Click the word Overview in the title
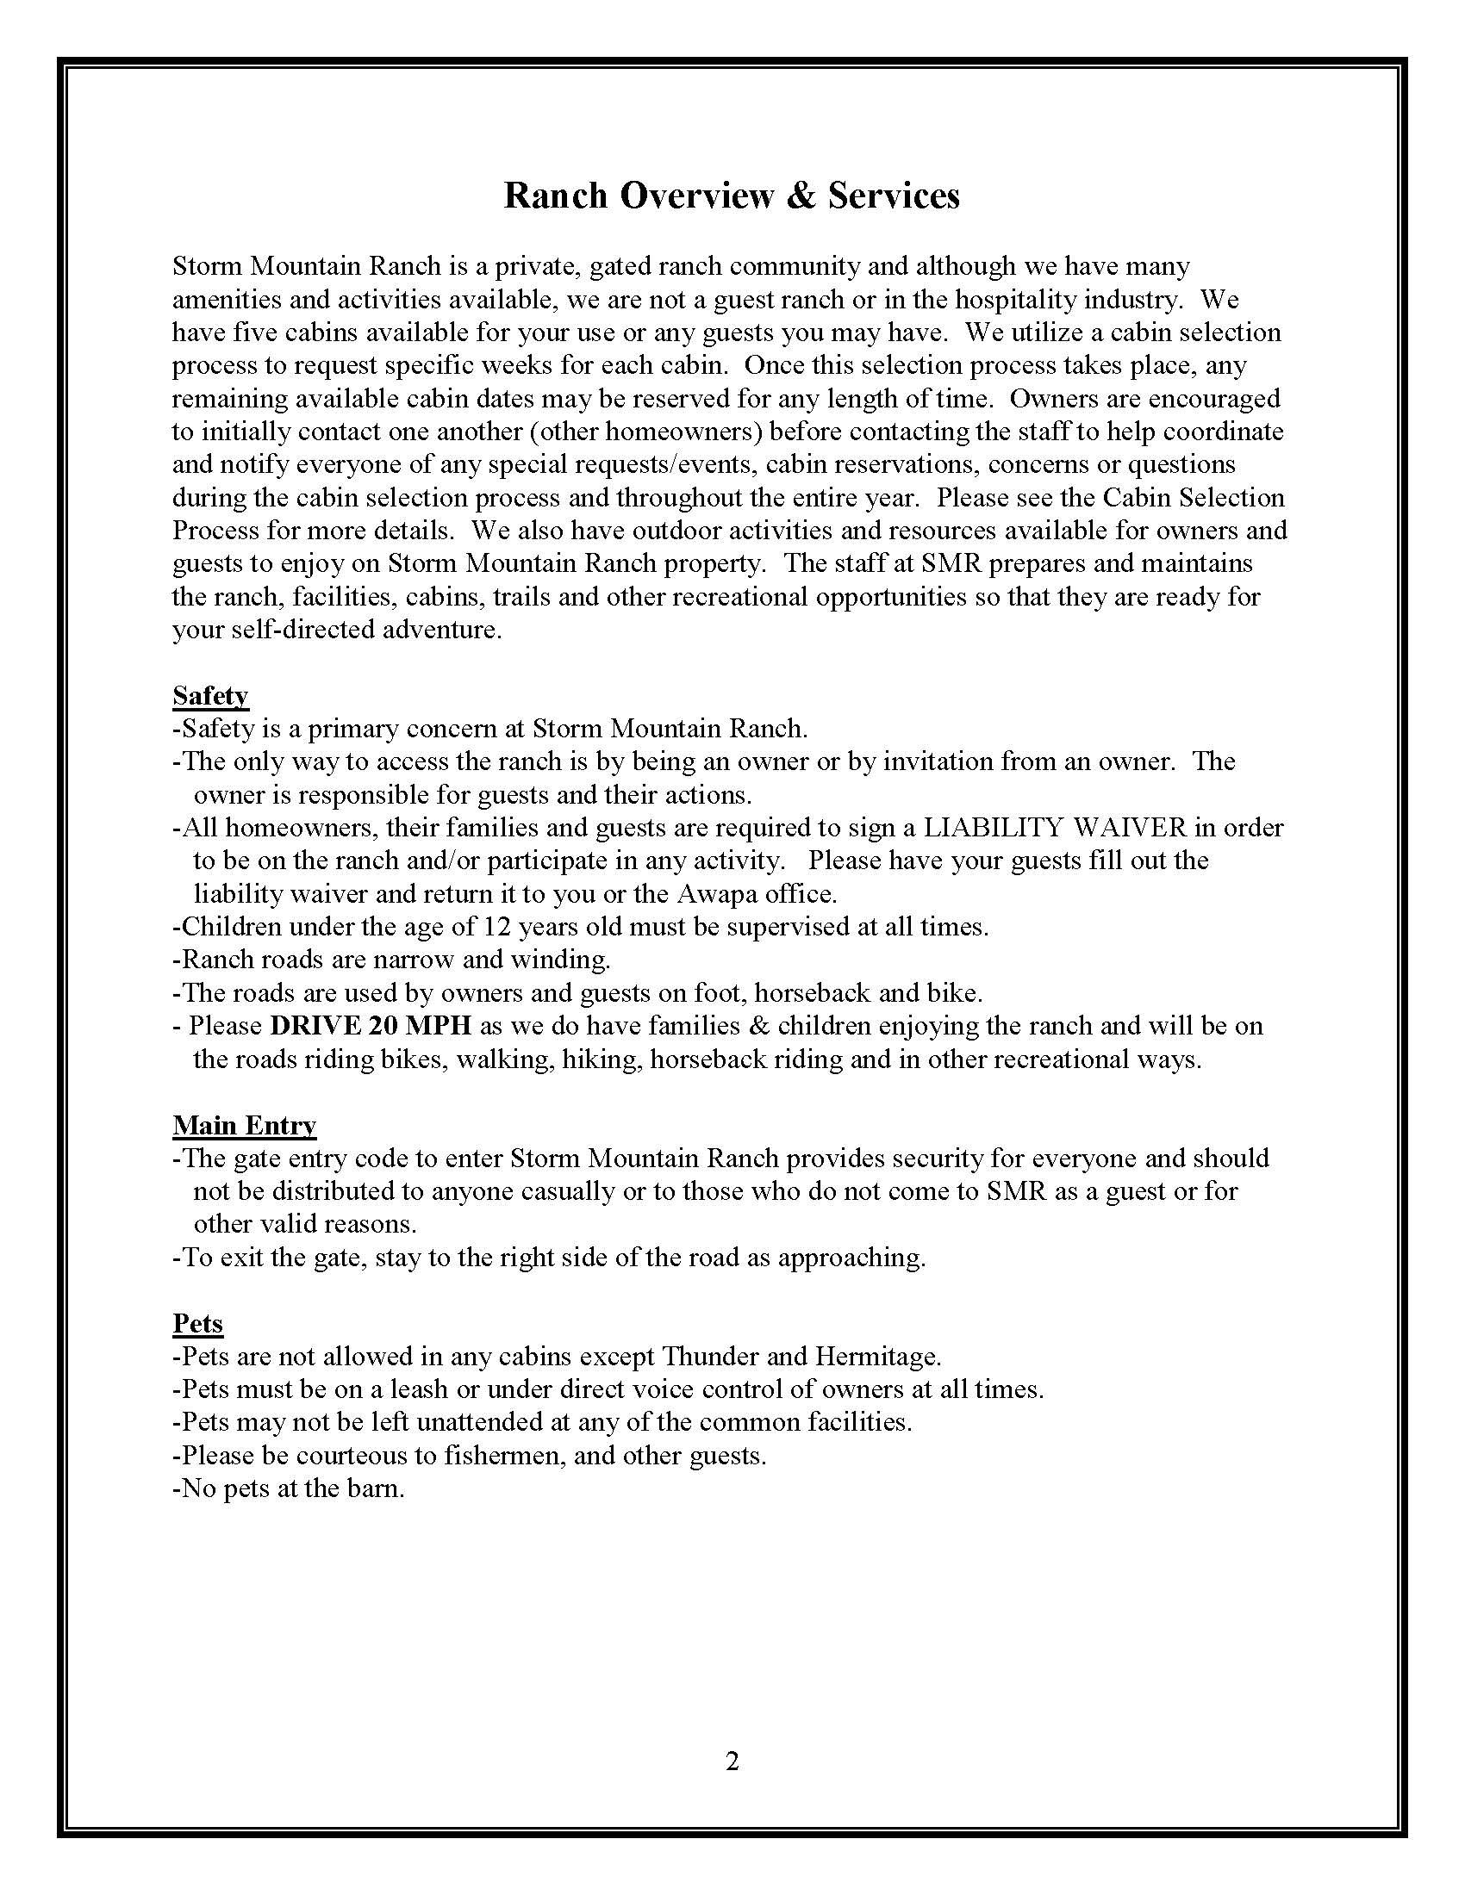coord(696,196)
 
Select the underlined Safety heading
coord(210,696)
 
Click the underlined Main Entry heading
coord(244,1126)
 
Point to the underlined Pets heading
coord(198,1323)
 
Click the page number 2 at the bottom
coord(732,1761)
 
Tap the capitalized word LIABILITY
coord(992,828)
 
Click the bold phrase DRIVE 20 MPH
coord(371,1026)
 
